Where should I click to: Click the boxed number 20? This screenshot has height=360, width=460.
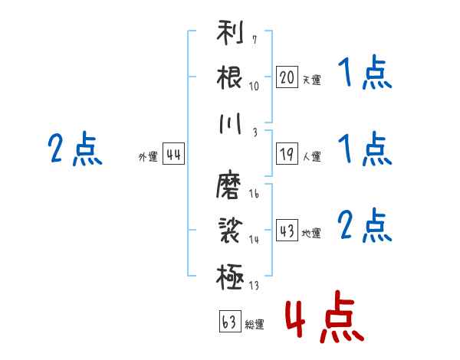coord(287,77)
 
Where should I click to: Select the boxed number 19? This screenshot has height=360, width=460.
coord(287,154)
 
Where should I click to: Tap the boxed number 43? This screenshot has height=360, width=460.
coord(287,231)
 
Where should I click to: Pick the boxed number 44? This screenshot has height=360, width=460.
coord(173,154)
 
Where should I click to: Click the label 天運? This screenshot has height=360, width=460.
coord(311,80)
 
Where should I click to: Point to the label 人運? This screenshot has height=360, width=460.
coord(311,156)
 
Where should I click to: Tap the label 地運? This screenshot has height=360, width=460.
coord(311,233)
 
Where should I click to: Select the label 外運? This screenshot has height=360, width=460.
coord(148,156)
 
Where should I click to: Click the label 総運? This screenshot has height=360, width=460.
coord(255,325)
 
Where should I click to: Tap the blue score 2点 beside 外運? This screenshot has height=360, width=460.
coord(74,150)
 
